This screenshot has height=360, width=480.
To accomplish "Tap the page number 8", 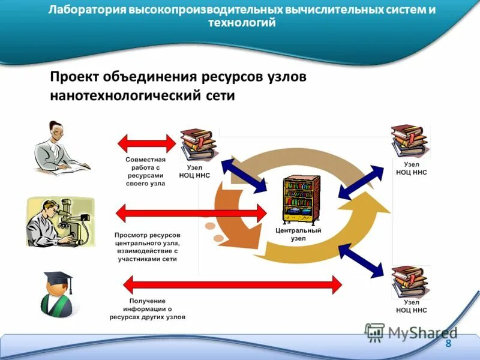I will coord(448,344).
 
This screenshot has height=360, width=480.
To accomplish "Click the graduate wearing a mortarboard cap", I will coord(58,294).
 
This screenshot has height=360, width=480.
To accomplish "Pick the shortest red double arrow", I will coord(146,143).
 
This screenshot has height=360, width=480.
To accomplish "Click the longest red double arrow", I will coord(232,284).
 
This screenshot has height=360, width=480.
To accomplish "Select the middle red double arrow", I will coord(191,213).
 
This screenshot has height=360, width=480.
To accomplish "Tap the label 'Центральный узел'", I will coord(298,234).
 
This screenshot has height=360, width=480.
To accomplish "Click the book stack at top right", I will coord(409,140).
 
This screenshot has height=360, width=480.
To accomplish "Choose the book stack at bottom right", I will coord(410,282).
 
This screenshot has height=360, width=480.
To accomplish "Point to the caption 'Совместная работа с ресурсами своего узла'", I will coord(145,172).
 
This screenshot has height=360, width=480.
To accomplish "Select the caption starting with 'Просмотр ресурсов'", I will coord(147,247).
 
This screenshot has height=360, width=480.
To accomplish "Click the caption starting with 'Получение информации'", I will coord(147,308).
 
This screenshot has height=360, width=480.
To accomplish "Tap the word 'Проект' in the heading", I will coord(74,77).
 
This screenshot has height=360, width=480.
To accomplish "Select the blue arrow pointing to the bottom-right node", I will coord(364,260).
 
